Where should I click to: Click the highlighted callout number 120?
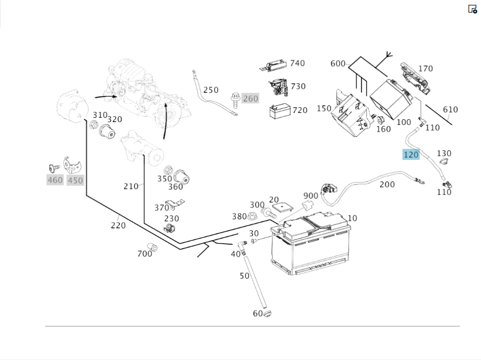click(x=411, y=155)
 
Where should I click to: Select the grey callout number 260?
click(x=250, y=99)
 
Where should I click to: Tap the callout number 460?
click(x=55, y=180)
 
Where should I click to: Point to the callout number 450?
click(x=75, y=180)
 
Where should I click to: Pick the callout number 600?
click(x=338, y=64)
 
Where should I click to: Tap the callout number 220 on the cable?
click(x=118, y=225)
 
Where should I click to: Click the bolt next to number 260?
click(x=235, y=99)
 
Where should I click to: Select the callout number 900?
click(x=311, y=196)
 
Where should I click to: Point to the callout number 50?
click(x=244, y=276)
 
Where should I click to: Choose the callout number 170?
click(x=425, y=69)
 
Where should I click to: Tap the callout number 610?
click(x=450, y=110)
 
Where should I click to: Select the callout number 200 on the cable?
click(x=387, y=185)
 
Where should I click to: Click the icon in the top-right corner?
click(x=472, y=9)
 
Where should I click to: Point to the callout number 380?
click(x=239, y=216)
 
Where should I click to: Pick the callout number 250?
click(x=211, y=90)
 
